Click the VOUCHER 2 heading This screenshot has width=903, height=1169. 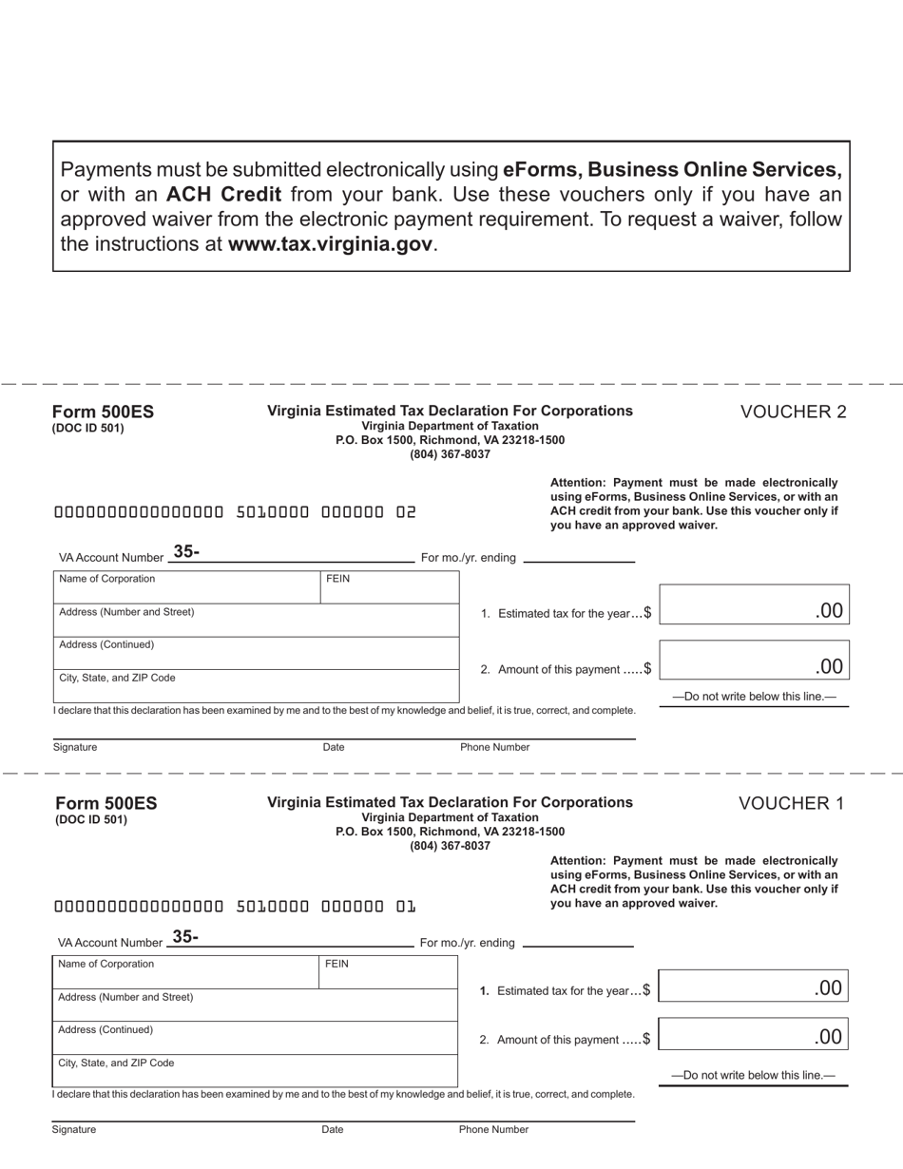(x=793, y=412)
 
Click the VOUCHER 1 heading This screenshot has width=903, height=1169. (x=791, y=803)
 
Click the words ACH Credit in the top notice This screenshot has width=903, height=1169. (x=223, y=195)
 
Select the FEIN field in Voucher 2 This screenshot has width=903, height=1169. (x=390, y=587)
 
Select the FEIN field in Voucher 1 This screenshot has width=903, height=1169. (x=388, y=972)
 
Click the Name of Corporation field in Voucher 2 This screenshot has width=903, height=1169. (x=187, y=587)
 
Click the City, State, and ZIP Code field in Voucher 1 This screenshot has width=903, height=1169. (x=255, y=1070)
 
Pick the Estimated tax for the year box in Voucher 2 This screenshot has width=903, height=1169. (x=754, y=605)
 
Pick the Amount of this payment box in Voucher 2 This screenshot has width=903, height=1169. (x=754, y=661)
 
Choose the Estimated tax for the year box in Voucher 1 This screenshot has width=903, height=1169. (x=753, y=987)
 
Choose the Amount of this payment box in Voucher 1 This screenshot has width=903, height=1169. (x=753, y=1035)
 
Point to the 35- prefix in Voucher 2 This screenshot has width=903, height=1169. (x=186, y=551)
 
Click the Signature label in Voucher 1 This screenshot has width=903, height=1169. (x=74, y=1130)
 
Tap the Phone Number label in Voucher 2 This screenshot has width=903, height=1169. (x=494, y=747)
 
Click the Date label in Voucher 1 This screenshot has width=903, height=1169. (x=333, y=1130)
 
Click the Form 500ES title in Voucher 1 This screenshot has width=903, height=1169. (x=106, y=803)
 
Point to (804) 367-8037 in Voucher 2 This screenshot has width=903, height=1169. (x=450, y=454)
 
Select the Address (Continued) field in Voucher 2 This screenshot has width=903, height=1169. (x=256, y=653)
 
